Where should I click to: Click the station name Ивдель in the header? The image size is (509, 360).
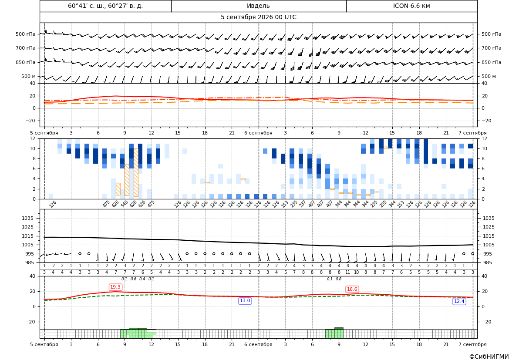pyautogui.click(x=258, y=6)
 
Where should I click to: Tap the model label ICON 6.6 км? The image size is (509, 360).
pyautogui.click(x=411, y=6)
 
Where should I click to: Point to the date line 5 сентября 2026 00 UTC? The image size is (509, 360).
pyautogui.click(x=258, y=17)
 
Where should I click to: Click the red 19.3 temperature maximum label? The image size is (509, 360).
pyautogui.click(x=115, y=287)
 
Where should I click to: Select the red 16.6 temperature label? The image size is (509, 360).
pyautogui.click(x=352, y=289)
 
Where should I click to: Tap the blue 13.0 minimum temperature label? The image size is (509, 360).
pyautogui.click(x=245, y=301)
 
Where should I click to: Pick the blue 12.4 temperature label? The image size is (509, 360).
pyautogui.click(x=459, y=302)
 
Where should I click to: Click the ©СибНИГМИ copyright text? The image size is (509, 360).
pyautogui.click(x=489, y=357)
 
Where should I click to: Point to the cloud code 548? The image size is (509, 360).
pyautogui.click(x=125, y=204)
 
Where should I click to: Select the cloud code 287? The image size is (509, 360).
pyautogui.click(x=303, y=204)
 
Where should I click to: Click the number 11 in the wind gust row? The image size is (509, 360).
pyautogui.click(x=347, y=273)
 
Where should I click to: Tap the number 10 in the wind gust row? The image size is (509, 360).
pyautogui.click(x=357, y=273)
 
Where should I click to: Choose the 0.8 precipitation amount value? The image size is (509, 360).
pyautogui.click(x=339, y=279)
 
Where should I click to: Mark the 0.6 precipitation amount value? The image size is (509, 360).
pyautogui.click(x=133, y=279)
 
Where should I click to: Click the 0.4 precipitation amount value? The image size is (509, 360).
pyautogui.click(x=142, y=279)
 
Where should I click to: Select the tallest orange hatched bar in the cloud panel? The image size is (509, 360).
pyautogui.click(x=136, y=173)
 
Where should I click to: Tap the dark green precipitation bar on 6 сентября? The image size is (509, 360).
pyautogui.click(x=339, y=329)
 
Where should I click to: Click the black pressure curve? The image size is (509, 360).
pyautogui.click(x=259, y=243)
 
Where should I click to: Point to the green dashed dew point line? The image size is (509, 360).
pyautogui.click(x=259, y=297)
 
